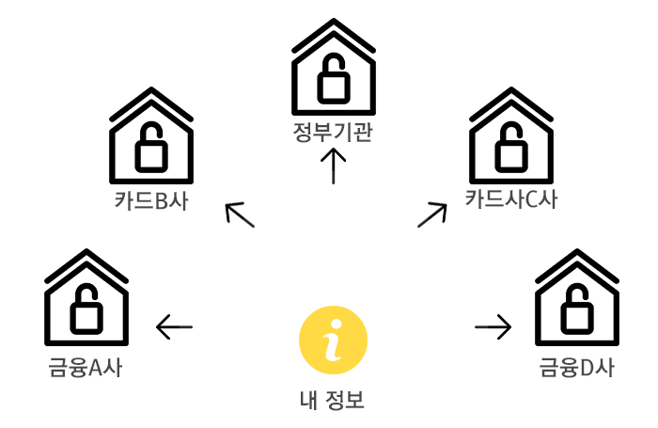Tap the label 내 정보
click(x=332, y=401)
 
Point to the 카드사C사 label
click(x=511, y=199)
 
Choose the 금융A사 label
click(x=86, y=367)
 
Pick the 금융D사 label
click(x=577, y=367)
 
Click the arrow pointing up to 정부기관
click(x=333, y=166)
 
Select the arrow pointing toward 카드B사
click(x=241, y=215)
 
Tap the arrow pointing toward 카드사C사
click(x=431, y=214)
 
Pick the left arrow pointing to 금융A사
click(x=174, y=327)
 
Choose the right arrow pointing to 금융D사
click(x=493, y=327)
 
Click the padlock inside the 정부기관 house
click(x=333, y=82)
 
